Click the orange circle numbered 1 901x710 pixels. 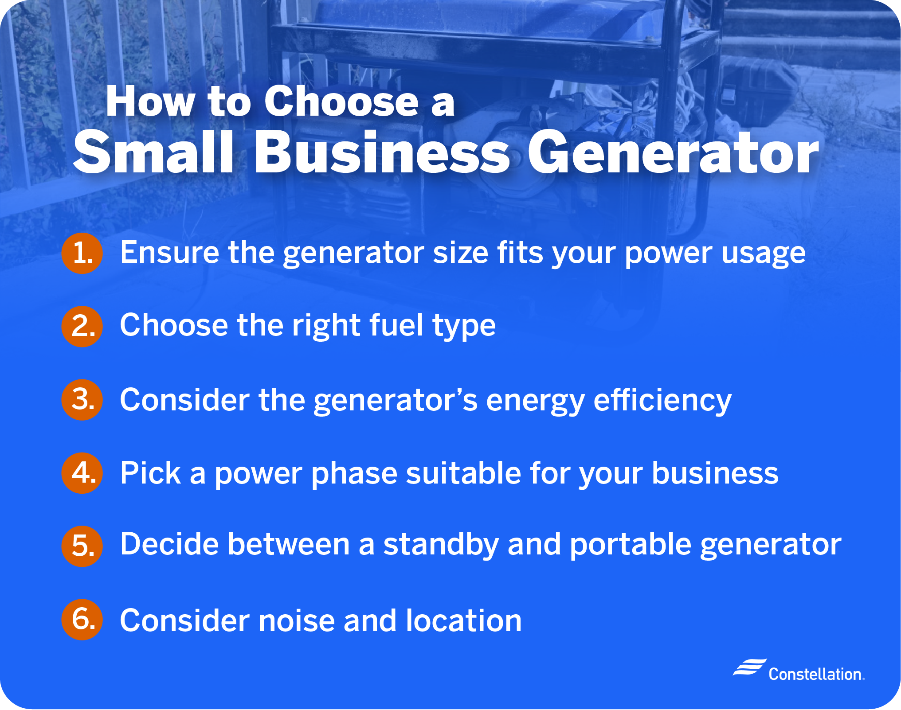pyautogui.click(x=82, y=253)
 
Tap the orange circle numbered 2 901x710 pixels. pyautogui.click(x=82, y=327)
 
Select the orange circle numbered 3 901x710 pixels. pyautogui.click(x=82, y=400)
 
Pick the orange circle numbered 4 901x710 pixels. pyautogui.click(x=82, y=473)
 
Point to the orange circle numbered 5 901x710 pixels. pyautogui.click(x=82, y=546)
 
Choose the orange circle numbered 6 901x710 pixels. pyautogui.click(x=82, y=620)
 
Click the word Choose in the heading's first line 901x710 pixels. pyautogui.click(x=341, y=101)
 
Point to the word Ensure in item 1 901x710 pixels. pyautogui.click(x=169, y=252)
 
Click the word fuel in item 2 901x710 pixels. pyautogui.click(x=396, y=325)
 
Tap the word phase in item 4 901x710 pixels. pyautogui.click(x=354, y=473)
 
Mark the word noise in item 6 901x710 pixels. pyautogui.click(x=297, y=620)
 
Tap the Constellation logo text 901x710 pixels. pyautogui.click(x=816, y=674)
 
